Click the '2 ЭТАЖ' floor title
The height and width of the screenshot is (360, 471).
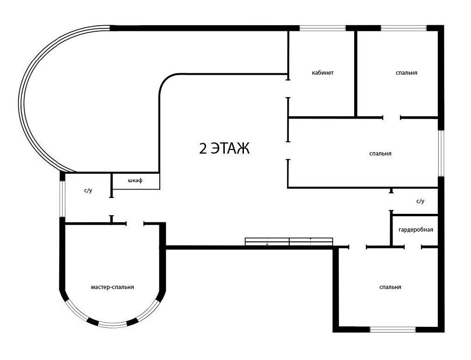[224, 148]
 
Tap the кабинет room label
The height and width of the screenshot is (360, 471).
[322, 73]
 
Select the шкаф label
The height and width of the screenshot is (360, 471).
[135, 180]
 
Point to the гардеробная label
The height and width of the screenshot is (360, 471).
[416, 230]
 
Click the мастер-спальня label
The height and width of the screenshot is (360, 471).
[112, 287]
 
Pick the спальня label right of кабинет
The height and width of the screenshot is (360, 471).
[407, 73]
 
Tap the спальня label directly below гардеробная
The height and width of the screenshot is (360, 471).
[390, 287]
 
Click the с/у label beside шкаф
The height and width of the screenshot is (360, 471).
[88, 191]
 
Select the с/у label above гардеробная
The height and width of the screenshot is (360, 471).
[420, 201]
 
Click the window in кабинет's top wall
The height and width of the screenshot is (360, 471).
[322, 28]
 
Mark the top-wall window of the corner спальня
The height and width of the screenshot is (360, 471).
[404, 28]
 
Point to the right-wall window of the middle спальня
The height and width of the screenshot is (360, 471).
[441, 153]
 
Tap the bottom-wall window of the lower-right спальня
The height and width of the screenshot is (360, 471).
[392, 330]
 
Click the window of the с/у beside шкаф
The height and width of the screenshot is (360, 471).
[62, 198]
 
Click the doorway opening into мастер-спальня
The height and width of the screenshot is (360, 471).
[135, 224]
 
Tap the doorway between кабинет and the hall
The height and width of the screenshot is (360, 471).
[288, 89]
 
